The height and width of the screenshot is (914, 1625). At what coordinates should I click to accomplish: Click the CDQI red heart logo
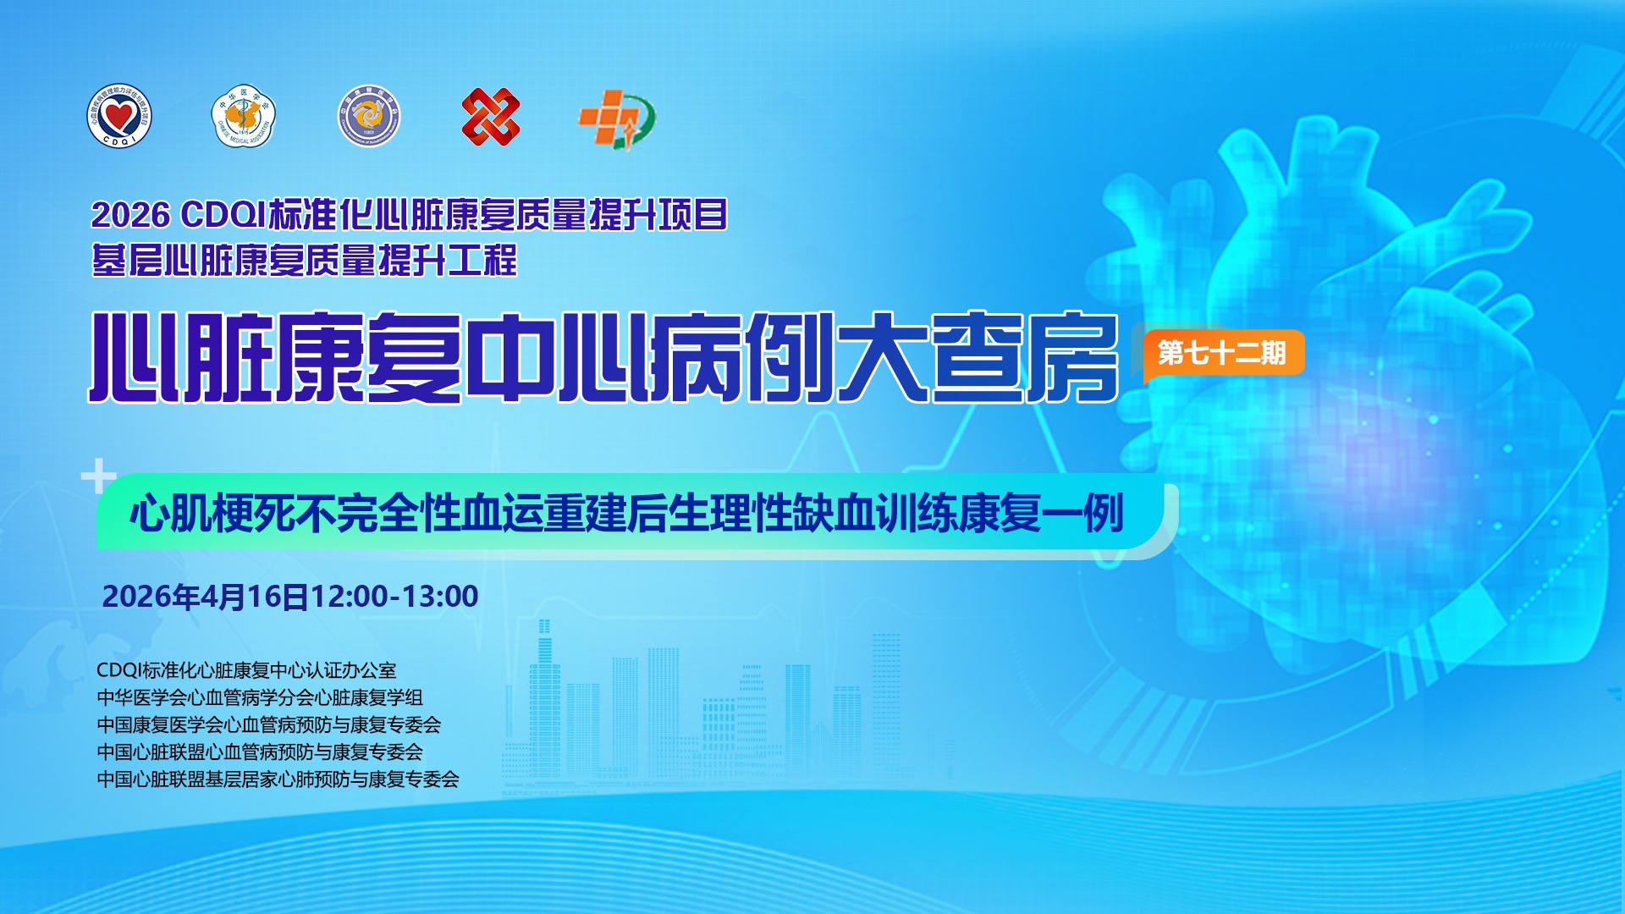tap(119, 116)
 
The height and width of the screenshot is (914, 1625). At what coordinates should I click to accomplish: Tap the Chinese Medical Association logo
tap(244, 116)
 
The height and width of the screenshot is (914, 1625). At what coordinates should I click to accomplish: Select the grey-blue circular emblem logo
tap(368, 116)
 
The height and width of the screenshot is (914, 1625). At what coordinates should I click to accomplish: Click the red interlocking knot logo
tap(491, 116)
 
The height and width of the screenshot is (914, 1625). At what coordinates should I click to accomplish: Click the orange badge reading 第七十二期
tap(1222, 353)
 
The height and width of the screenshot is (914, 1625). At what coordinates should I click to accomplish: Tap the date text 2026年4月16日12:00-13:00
tap(290, 597)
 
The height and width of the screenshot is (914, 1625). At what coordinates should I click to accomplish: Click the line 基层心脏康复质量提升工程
tap(304, 260)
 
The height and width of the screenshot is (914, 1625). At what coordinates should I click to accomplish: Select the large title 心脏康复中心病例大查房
tap(604, 356)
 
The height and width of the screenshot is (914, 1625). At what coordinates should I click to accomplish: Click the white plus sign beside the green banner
tap(99, 476)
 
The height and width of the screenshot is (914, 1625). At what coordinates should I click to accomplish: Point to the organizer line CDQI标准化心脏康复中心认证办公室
tap(246, 670)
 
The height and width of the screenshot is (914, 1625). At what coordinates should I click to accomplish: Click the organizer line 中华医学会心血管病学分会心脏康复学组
tap(260, 697)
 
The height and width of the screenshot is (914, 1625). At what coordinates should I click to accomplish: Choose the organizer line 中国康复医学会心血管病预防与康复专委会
tap(269, 724)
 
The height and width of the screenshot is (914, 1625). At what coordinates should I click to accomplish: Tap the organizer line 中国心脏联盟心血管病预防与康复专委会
tap(260, 752)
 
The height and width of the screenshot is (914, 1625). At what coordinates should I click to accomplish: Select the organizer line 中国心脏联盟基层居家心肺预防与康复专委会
tap(278, 779)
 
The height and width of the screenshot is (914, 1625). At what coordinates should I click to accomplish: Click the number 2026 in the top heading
tap(130, 215)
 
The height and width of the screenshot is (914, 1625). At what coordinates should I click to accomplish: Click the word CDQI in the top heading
tap(223, 215)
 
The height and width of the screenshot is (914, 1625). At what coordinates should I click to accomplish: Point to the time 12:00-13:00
tap(395, 597)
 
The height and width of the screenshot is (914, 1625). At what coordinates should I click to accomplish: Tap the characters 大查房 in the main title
tap(978, 356)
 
